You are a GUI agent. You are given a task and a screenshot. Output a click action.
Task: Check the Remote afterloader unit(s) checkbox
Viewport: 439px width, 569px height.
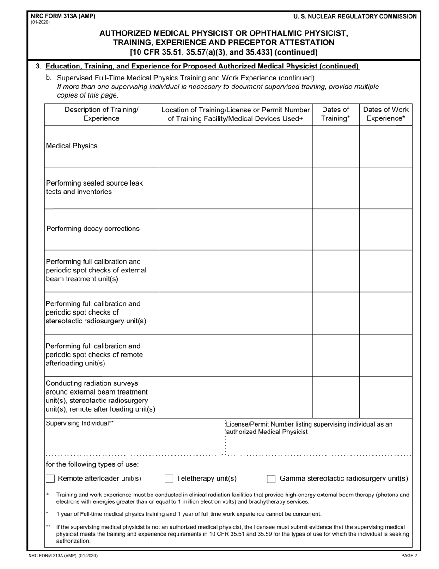coord(50,479)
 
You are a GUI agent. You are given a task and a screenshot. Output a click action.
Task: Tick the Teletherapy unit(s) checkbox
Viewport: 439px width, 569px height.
coord(169,479)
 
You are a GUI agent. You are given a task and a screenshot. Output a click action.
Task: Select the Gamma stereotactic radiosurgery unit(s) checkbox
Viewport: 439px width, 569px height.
coord(271,479)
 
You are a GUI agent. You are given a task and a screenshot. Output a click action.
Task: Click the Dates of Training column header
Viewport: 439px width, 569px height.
coord(335,114)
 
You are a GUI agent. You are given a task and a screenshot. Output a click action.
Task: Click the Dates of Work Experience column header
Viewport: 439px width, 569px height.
coord(385,114)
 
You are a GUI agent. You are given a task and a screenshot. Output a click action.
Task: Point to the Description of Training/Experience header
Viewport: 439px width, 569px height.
coord(101,114)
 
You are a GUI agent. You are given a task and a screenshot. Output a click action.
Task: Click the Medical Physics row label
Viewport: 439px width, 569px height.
coord(72,146)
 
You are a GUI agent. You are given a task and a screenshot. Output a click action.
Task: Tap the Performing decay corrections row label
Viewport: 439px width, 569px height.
coord(93,229)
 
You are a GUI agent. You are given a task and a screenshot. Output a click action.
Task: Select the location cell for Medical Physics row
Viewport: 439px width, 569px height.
coord(235,147)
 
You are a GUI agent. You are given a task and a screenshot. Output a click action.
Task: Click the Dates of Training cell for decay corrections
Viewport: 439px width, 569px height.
coord(335,229)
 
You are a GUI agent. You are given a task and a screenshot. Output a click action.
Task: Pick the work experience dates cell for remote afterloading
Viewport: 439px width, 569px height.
coord(385,355)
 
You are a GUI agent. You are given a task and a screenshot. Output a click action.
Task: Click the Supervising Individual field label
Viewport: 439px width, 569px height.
coord(80,423)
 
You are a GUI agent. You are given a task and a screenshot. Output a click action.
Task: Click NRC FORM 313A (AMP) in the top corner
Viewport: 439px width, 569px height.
coord(63,16)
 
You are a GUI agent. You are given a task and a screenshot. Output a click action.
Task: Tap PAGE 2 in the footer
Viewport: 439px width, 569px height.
coord(409,556)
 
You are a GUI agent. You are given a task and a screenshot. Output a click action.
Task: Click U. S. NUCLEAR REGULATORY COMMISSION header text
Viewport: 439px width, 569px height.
coord(355,16)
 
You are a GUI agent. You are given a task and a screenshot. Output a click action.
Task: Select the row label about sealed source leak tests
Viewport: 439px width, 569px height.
coord(94,187)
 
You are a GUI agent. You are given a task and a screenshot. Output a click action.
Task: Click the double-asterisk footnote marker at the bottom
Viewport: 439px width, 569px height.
coord(49,526)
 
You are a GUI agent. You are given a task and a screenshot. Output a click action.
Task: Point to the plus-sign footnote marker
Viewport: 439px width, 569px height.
coord(48,495)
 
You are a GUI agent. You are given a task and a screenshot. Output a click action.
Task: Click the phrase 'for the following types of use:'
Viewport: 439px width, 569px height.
coord(92,464)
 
